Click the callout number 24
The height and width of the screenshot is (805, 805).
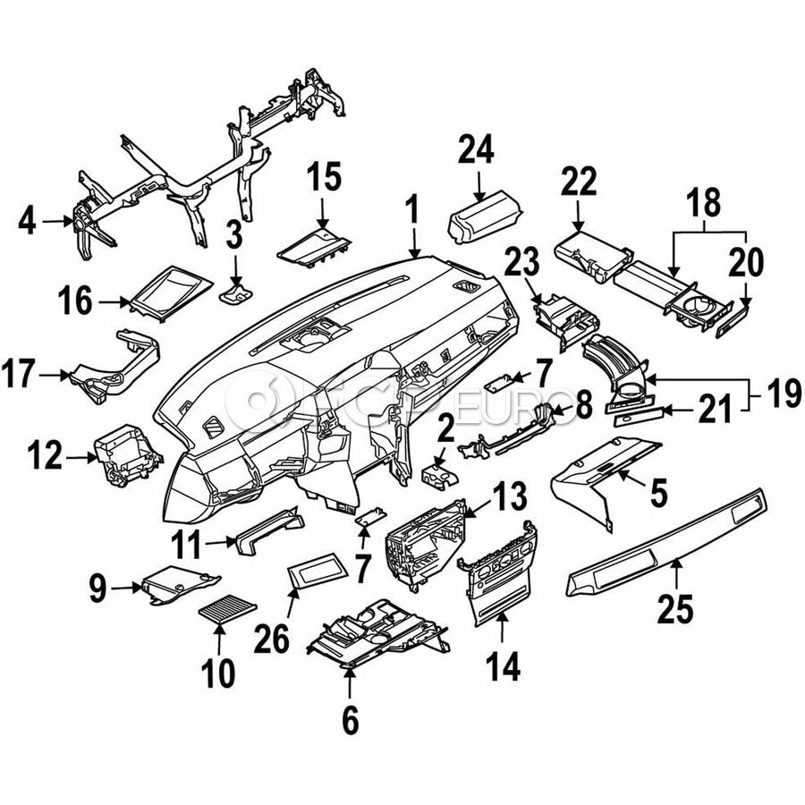pyautogui.click(x=476, y=149)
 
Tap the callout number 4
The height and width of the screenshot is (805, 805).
pyautogui.click(x=27, y=221)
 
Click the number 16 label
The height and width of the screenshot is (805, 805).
pyautogui.click(x=75, y=301)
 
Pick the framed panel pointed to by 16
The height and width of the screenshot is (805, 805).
pyautogui.click(x=171, y=293)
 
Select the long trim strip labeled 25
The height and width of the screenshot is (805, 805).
pyautogui.click(x=667, y=544)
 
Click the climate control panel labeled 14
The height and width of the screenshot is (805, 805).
pyautogui.click(x=496, y=573)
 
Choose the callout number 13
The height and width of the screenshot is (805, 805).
pyautogui.click(x=509, y=496)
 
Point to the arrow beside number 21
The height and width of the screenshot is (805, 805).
pyautogui.click(x=676, y=411)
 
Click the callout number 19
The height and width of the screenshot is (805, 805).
pyautogui.click(x=784, y=394)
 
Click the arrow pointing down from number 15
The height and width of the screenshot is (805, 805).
pyautogui.click(x=322, y=211)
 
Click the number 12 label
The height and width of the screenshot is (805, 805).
pyautogui.click(x=45, y=455)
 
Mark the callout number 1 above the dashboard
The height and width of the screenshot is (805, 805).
pyautogui.click(x=411, y=210)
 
